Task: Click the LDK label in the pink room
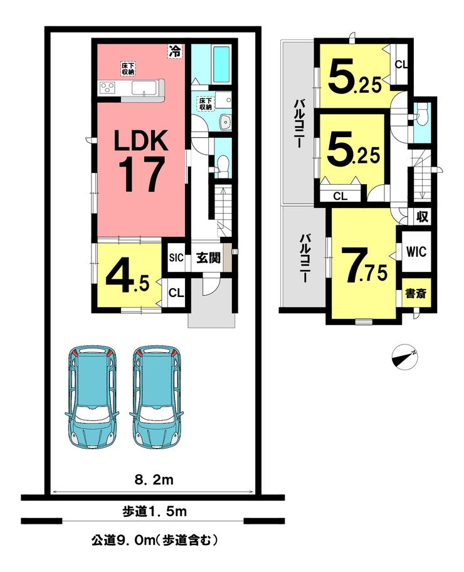[141, 140]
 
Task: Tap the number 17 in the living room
[140, 174]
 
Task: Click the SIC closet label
[176, 257]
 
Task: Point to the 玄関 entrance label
[208, 257]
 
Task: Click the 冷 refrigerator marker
[175, 51]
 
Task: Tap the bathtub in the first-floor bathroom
[221, 64]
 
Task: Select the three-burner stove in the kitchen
[108, 87]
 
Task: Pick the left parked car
[92, 397]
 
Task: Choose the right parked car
[157, 397]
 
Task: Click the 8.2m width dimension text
[154, 480]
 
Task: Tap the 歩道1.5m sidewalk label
[154, 511]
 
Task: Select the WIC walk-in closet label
[416, 252]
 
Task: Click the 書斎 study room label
[416, 293]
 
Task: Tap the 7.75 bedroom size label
[364, 265]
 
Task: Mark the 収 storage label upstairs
[422, 217]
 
